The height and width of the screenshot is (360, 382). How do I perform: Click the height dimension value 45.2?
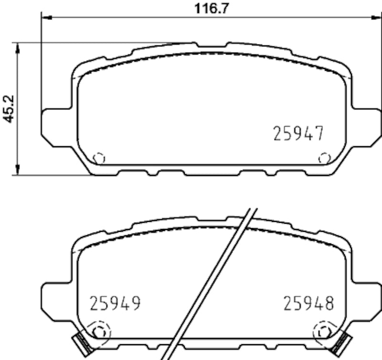pos(9,109)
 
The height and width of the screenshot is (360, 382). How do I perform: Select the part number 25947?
pos(298,133)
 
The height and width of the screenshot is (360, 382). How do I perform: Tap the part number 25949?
pos(115,303)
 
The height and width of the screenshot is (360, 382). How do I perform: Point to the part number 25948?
pos(309,303)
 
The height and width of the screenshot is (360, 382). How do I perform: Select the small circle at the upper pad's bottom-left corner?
pos(98,158)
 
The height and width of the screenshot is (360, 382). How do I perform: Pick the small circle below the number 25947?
pos(325,158)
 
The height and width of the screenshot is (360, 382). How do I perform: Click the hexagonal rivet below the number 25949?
pos(98,331)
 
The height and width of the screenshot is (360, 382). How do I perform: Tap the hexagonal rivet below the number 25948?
pos(325,331)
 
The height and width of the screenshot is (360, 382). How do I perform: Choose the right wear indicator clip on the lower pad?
pos(343,343)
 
